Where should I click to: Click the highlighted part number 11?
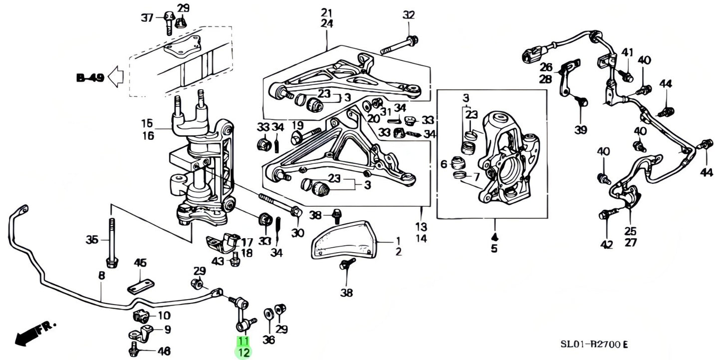pyautogui.click(x=243, y=342)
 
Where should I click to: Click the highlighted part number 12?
pyautogui.click(x=243, y=353)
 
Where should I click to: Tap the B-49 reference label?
pyautogui.click(x=90, y=77)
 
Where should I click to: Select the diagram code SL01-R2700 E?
pyautogui.click(x=593, y=345)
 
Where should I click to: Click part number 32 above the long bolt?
pyautogui.click(x=409, y=15)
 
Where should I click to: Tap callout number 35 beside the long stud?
pyautogui.click(x=92, y=241)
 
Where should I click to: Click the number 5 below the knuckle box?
pyautogui.click(x=494, y=249)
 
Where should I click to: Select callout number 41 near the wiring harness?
pyautogui.click(x=627, y=52)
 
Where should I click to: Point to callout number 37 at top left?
pyautogui.click(x=147, y=18)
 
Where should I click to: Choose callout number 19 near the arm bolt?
pyautogui.click(x=298, y=125)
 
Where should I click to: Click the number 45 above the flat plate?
pyautogui.click(x=141, y=263)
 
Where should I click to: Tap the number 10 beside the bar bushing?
pyautogui.click(x=164, y=316)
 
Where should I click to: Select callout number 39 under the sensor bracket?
pyautogui.click(x=580, y=130)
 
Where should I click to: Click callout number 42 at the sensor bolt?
pyautogui.click(x=606, y=244)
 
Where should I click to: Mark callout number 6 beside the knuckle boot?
pyautogui.click(x=444, y=164)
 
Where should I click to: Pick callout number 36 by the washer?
pyautogui.click(x=268, y=340)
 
